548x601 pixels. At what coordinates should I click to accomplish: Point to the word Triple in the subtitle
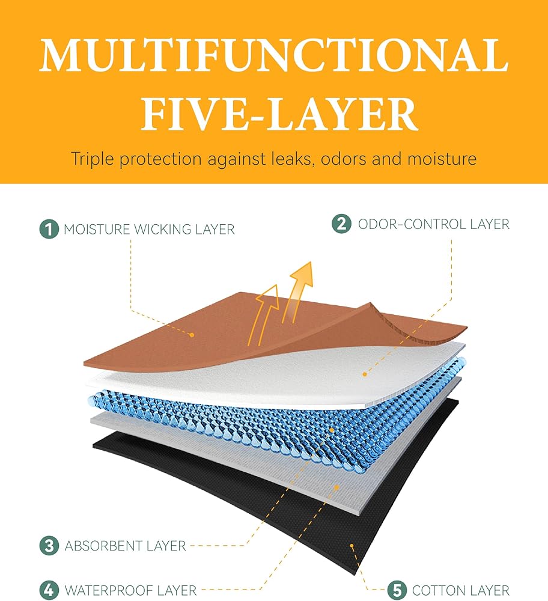[x=95, y=159]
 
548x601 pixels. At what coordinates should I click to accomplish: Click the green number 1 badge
[x=49, y=229]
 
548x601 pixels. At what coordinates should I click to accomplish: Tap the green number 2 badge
[x=341, y=224]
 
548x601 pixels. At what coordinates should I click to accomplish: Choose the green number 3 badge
[x=49, y=546]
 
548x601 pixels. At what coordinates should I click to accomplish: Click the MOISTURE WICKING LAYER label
[x=149, y=229]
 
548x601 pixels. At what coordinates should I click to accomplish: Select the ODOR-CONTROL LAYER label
[x=433, y=224]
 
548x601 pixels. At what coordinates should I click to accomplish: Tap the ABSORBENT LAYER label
[x=125, y=546]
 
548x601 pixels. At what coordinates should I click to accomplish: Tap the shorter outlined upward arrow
[x=267, y=310]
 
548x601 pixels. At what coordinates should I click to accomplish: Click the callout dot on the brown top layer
[x=192, y=335]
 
